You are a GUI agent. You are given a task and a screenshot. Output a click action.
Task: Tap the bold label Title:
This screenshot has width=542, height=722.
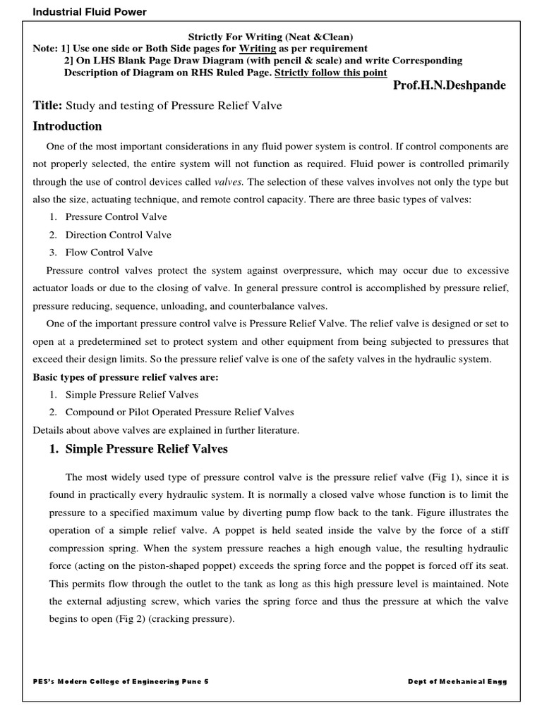(48, 106)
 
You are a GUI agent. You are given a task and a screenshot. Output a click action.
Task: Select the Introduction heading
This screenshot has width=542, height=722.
(68, 127)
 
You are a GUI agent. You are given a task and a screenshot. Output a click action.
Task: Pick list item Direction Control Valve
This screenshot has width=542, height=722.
(118, 235)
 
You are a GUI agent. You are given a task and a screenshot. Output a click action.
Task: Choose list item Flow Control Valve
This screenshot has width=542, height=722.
(109, 252)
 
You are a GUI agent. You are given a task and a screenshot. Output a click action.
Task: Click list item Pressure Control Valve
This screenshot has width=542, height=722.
(116, 217)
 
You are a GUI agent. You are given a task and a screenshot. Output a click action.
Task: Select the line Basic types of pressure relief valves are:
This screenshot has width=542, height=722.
(126, 377)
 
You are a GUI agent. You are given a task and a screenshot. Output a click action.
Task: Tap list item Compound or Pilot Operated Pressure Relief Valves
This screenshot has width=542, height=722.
(179, 412)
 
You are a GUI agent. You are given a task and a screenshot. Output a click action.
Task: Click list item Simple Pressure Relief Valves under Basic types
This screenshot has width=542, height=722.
(132, 395)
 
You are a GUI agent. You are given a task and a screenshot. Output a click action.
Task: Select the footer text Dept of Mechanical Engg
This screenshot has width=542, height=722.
(457, 682)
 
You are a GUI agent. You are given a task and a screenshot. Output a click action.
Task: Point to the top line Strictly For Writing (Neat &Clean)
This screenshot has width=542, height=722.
(270, 36)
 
